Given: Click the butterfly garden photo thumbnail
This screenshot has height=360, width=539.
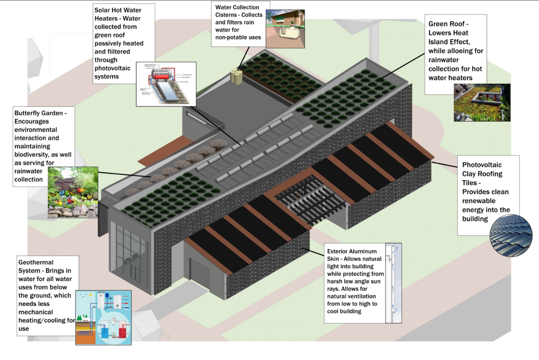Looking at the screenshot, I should coord(73,192).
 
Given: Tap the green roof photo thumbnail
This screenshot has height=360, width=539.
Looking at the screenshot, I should coord(482,103).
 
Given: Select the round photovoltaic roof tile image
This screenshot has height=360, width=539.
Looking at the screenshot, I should coord(511,235).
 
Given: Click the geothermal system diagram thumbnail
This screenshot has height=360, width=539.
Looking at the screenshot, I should coord(103,318).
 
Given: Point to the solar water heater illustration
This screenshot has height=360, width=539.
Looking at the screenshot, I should coord(166,84).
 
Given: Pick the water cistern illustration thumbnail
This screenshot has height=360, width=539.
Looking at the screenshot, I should coord(285,29).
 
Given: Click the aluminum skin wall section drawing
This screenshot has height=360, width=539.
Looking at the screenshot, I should coord(393,283).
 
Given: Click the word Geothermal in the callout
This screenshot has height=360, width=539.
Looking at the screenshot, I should coord(36,262).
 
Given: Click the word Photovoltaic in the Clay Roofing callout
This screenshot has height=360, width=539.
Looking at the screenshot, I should coord(482,165).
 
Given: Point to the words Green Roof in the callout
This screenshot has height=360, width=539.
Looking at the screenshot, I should coord(446,24).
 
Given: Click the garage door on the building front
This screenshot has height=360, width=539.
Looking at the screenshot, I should coord(200,274).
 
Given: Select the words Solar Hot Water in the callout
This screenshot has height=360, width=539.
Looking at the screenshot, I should coord(118,10).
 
